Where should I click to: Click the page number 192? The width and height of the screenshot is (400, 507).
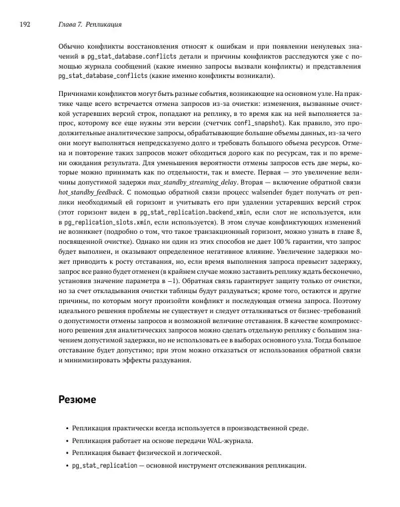tap(25, 24)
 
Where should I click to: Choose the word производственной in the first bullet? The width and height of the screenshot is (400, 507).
tap(250, 429)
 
